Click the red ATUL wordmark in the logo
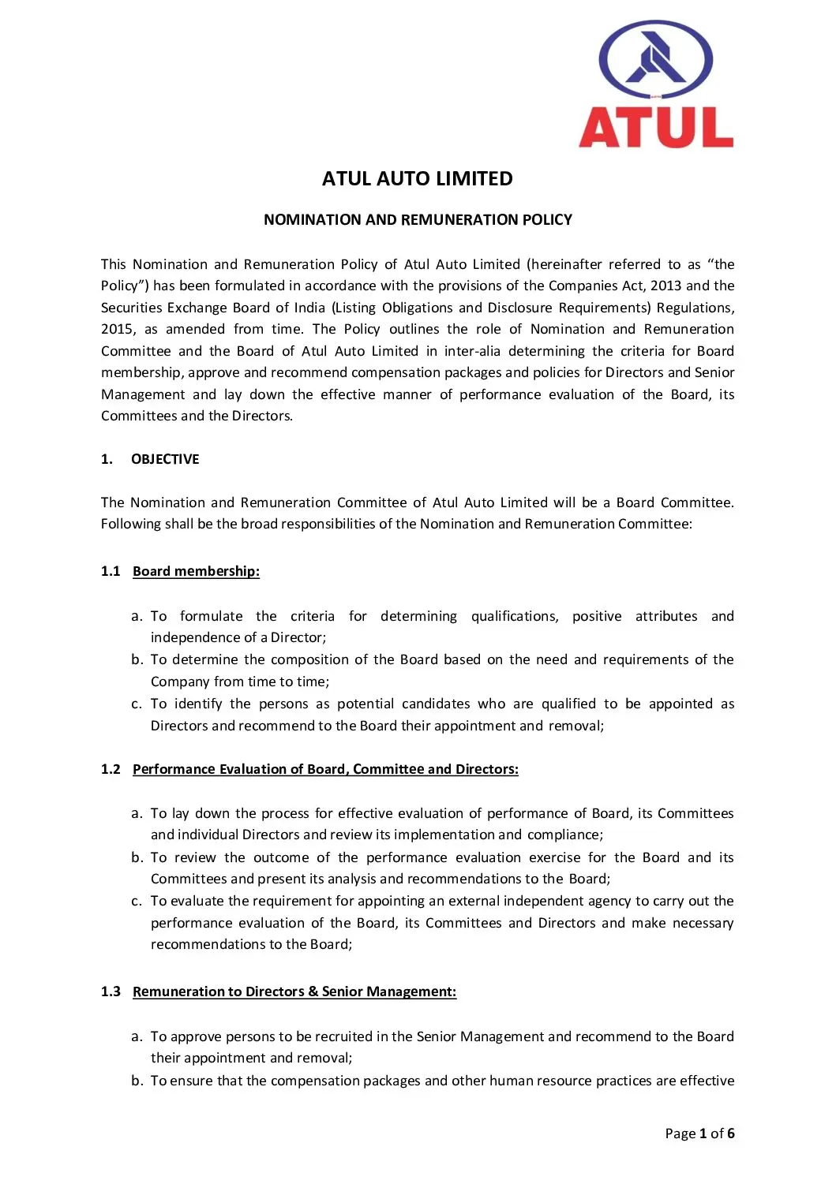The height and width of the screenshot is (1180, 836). pyautogui.click(x=656, y=128)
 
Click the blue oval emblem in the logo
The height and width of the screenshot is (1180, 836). pyautogui.click(x=655, y=60)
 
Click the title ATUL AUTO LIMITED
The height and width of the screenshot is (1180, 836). pyautogui.click(x=417, y=179)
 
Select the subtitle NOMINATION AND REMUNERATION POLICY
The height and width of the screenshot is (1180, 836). pyautogui.click(x=418, y=220)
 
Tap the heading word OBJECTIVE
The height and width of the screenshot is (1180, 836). pyautogui.click(x=165, y=459)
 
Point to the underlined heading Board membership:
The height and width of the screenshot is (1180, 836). pyautogui.click(x=196, y=571)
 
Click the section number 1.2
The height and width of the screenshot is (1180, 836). pyautogui.click(x=111, y=769)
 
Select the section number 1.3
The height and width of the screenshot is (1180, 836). pyautogui.click(x=111, y=991)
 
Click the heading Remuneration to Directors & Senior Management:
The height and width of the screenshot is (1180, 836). pyautogui.click(x=294, y=991)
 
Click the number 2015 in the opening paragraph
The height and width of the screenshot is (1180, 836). pyautogui.click(x=118, y=329)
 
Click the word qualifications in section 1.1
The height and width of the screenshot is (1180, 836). pyautogui.click(x=514, y=616)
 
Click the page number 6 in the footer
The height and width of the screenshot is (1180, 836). pyautogui.click(x=731, y=1133)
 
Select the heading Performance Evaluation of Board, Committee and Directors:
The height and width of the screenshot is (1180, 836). pyautogui.click(x=325, y=769)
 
